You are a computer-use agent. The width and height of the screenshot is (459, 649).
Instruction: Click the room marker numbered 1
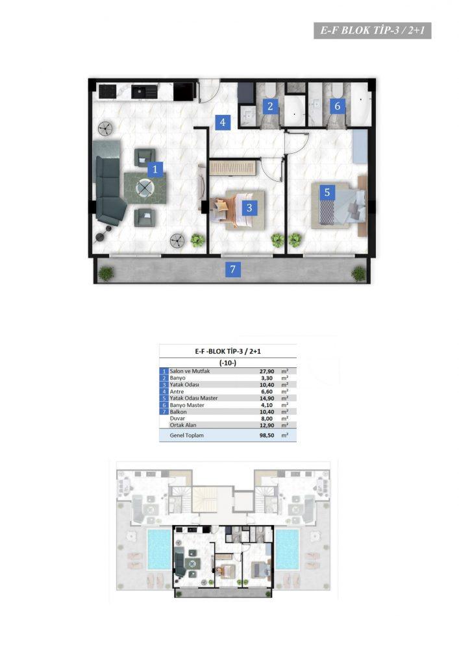pyautogui.click(x=155, y=169)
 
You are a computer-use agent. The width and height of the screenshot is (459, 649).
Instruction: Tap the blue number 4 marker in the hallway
pyautogui.click(x=223, y=123)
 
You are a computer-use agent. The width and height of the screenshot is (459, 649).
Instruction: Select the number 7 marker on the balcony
pyautogui.click(x=232, y=269)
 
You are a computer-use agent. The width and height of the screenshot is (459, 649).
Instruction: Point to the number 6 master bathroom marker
pyautogui.click(x=338, y=106)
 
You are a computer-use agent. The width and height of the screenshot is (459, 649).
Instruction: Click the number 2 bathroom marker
pyautogui.click(x=270, y=106)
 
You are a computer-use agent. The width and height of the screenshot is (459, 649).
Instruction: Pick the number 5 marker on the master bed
pyautogui.click(x=327, y=192)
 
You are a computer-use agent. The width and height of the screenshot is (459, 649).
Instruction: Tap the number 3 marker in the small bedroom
pyautogui.click(x=249, y=208)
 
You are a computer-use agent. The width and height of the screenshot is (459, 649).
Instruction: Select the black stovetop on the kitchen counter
pyautogui.click(x=106, y=91)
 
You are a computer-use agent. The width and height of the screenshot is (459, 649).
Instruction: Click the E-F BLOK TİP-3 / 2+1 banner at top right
pyautogui.click(x=373, y=31)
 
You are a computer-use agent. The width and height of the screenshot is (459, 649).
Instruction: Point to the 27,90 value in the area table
pyautogui.click(x=267, y=371)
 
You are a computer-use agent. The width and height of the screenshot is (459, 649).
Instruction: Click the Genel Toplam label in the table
pyautogui.click(x=187, y=435)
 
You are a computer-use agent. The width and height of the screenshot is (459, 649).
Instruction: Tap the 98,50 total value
pyautogui.click(x=267, y=435)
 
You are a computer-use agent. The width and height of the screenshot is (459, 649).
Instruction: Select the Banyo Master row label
pyautogui.click(x=187, y=405)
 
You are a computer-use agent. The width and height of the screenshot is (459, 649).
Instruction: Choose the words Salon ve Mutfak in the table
pyautogui.click(x=190, y=371)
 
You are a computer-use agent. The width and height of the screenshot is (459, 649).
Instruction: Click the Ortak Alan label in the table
pyautogui.click(x=183, y=425)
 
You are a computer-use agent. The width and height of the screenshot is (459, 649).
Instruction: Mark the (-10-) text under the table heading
pyautogui.click(x=228, y=363)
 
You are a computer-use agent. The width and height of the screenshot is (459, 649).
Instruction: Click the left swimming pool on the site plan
pyautogui.click(x=159, y=549)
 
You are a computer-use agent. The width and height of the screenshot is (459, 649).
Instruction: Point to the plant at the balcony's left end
pyautogui.click(x=106, y=273)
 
